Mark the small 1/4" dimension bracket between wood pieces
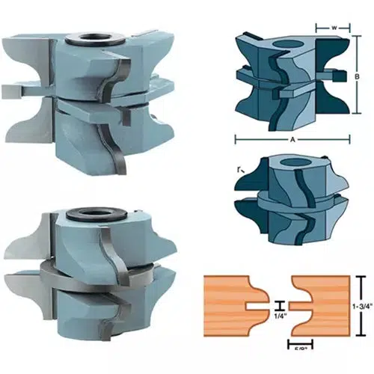pyautogui.click(x=278, y=305)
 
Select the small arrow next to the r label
pyautogui.click(x=242, y=177)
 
